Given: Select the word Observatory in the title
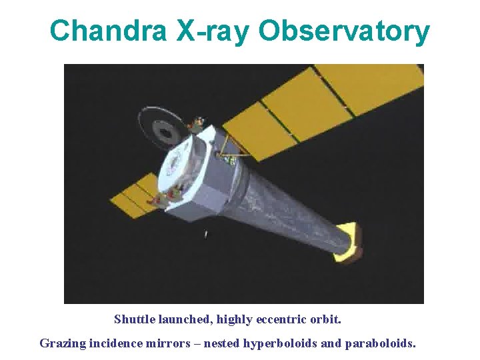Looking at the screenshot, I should click(x=344, y=31).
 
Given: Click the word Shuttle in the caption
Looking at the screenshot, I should click(x=133, y=319).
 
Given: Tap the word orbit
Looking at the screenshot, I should click(x=325, y=319).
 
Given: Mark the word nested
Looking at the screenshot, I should click(x=220, y=344).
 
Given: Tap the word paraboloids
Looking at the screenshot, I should click(x=381, y=344).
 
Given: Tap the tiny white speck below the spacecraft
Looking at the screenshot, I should click(x=206, y=234).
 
